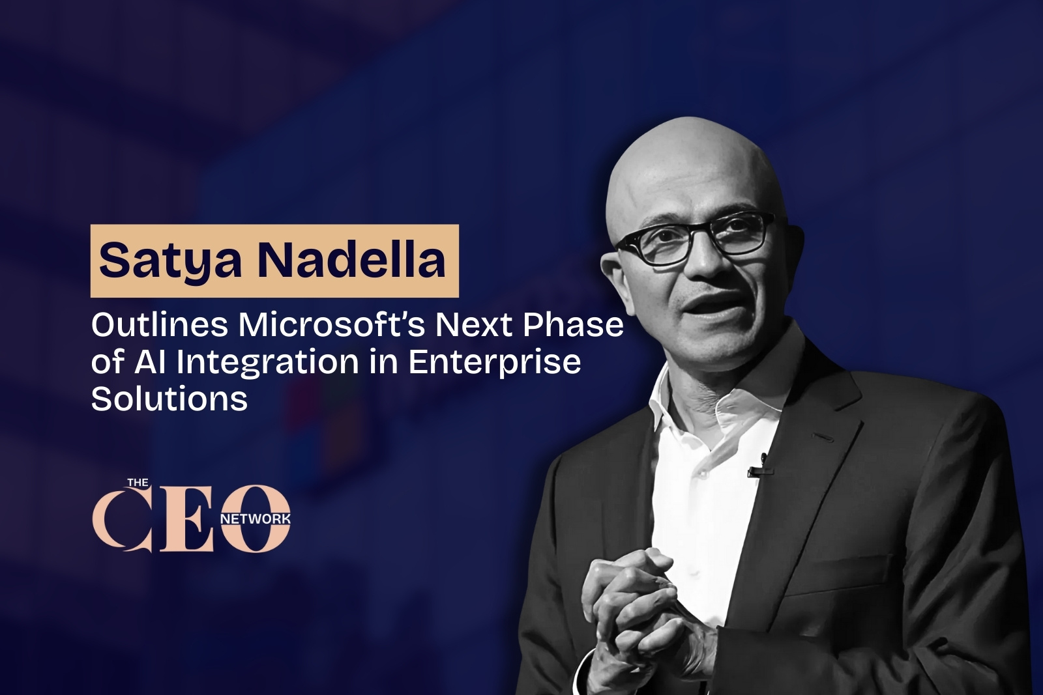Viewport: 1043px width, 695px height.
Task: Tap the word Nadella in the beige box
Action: (351, 260)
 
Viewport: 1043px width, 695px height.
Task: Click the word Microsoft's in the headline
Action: (332, 325)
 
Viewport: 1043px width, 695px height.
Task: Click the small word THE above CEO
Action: (138, 483)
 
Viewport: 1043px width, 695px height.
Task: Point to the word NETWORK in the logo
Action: (256, 519)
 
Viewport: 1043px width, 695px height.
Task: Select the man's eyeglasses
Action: (696, 239)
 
